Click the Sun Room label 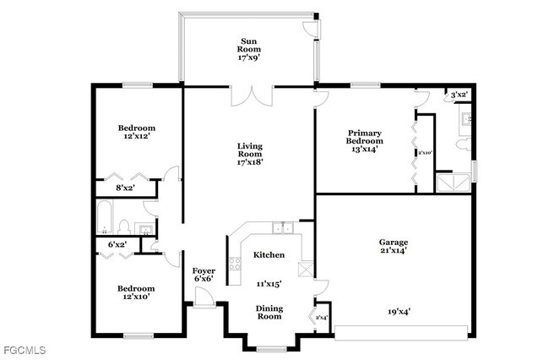click(248, 49)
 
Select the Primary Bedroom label click(364, 140)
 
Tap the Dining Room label click(269, 311)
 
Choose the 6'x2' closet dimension click(117, 244)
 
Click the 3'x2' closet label click(459, 95)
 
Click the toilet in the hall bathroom click(123, 226)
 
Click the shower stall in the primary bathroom click(452, 183)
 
